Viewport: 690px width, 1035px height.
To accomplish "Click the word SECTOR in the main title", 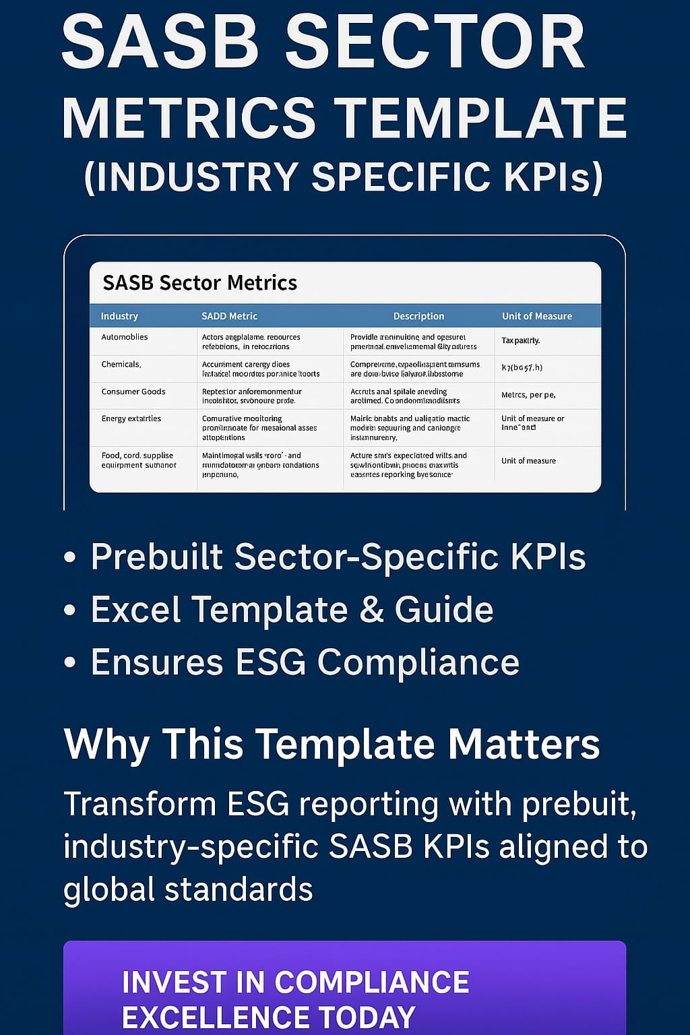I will tap(434, 43).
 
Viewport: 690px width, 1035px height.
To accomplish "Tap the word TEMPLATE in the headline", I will tap(480, 119).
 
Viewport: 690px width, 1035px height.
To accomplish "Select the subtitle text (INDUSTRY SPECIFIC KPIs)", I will tap(344, 177).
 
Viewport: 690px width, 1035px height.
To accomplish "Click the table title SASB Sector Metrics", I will tap(199, 283).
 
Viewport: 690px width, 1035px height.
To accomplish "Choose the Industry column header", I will tap(119, 316).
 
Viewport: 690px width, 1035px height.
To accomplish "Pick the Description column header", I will tap(418, 316).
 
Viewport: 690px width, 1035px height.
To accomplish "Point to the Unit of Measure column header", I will tap(536, 316).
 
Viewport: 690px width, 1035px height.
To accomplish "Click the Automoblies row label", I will tap(125, 337).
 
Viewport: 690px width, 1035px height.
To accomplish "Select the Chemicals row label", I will tap(121, 365).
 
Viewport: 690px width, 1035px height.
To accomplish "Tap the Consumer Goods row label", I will tap(133, 391).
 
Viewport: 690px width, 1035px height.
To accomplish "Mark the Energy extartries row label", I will tap(131, 418).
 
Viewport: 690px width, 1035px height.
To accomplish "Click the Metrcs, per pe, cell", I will tap(528, 395).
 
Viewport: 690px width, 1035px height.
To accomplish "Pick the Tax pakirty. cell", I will tap(520, 341).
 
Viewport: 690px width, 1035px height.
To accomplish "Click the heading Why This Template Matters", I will tap(332, 745).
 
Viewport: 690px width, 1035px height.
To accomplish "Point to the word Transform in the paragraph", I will tap(138, 805).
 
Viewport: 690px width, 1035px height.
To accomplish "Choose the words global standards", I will tap(188, 889).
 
